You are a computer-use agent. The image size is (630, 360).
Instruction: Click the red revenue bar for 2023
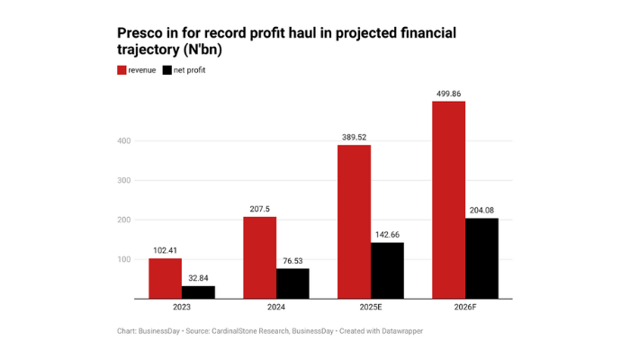tap(165, 278)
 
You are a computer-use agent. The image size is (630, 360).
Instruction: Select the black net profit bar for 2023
tap(198, 292)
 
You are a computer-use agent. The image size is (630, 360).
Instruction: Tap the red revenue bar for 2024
tap(259, 257)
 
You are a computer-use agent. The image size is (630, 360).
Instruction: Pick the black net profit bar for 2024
tap(292, 283)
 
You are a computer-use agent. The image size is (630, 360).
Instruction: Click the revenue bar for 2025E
tap(354, 221)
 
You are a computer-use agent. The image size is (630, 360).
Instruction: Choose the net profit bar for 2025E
tap(387, 270)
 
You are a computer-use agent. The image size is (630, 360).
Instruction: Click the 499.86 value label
tap(448, 93)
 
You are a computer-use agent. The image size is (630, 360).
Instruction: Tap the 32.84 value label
tap(198, 278)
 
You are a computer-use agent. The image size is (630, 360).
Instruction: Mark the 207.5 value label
tap(259, 209)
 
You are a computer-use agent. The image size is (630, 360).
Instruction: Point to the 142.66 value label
tap(387, 234)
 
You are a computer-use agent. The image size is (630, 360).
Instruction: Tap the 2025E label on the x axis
tap(370, 308)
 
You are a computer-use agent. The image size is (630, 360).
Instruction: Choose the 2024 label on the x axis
tap(275, 308)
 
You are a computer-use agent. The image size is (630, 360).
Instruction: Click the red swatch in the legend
tap(121, 69)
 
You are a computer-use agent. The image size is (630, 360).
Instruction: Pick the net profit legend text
tap(191, 69)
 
